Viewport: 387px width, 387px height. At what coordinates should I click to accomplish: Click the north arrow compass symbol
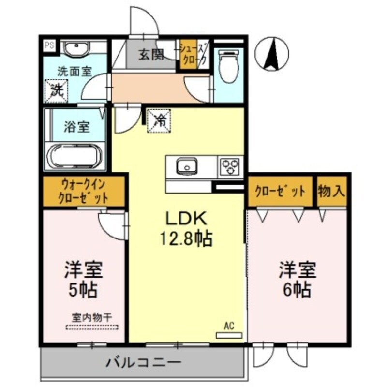pyautogui.click(x=272, y=53)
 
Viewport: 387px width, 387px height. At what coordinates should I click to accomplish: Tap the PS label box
pyautogui.click(x=49, y=46)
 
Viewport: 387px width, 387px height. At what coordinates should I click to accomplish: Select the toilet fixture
pyautogui.click(x=228, y=68)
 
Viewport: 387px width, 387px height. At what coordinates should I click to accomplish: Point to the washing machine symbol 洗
pyautogui.click(x=57, y=91)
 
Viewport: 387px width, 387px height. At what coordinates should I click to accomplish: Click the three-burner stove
pyautogui.click(x=230, y=167)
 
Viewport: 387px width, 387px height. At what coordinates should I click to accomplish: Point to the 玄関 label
pyautogui.click(x=150, y=55)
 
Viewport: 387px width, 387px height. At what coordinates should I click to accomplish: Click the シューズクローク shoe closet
pyautogui.click(x=193, y=55)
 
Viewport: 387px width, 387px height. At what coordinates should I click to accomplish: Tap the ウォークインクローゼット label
pyautogui.click(x=83, y=191)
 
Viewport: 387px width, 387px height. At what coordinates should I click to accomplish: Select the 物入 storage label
pyautogui.click(x=332, y=191)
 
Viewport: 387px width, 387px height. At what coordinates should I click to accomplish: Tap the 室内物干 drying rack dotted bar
pyautogui.click(x=92, y=327)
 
